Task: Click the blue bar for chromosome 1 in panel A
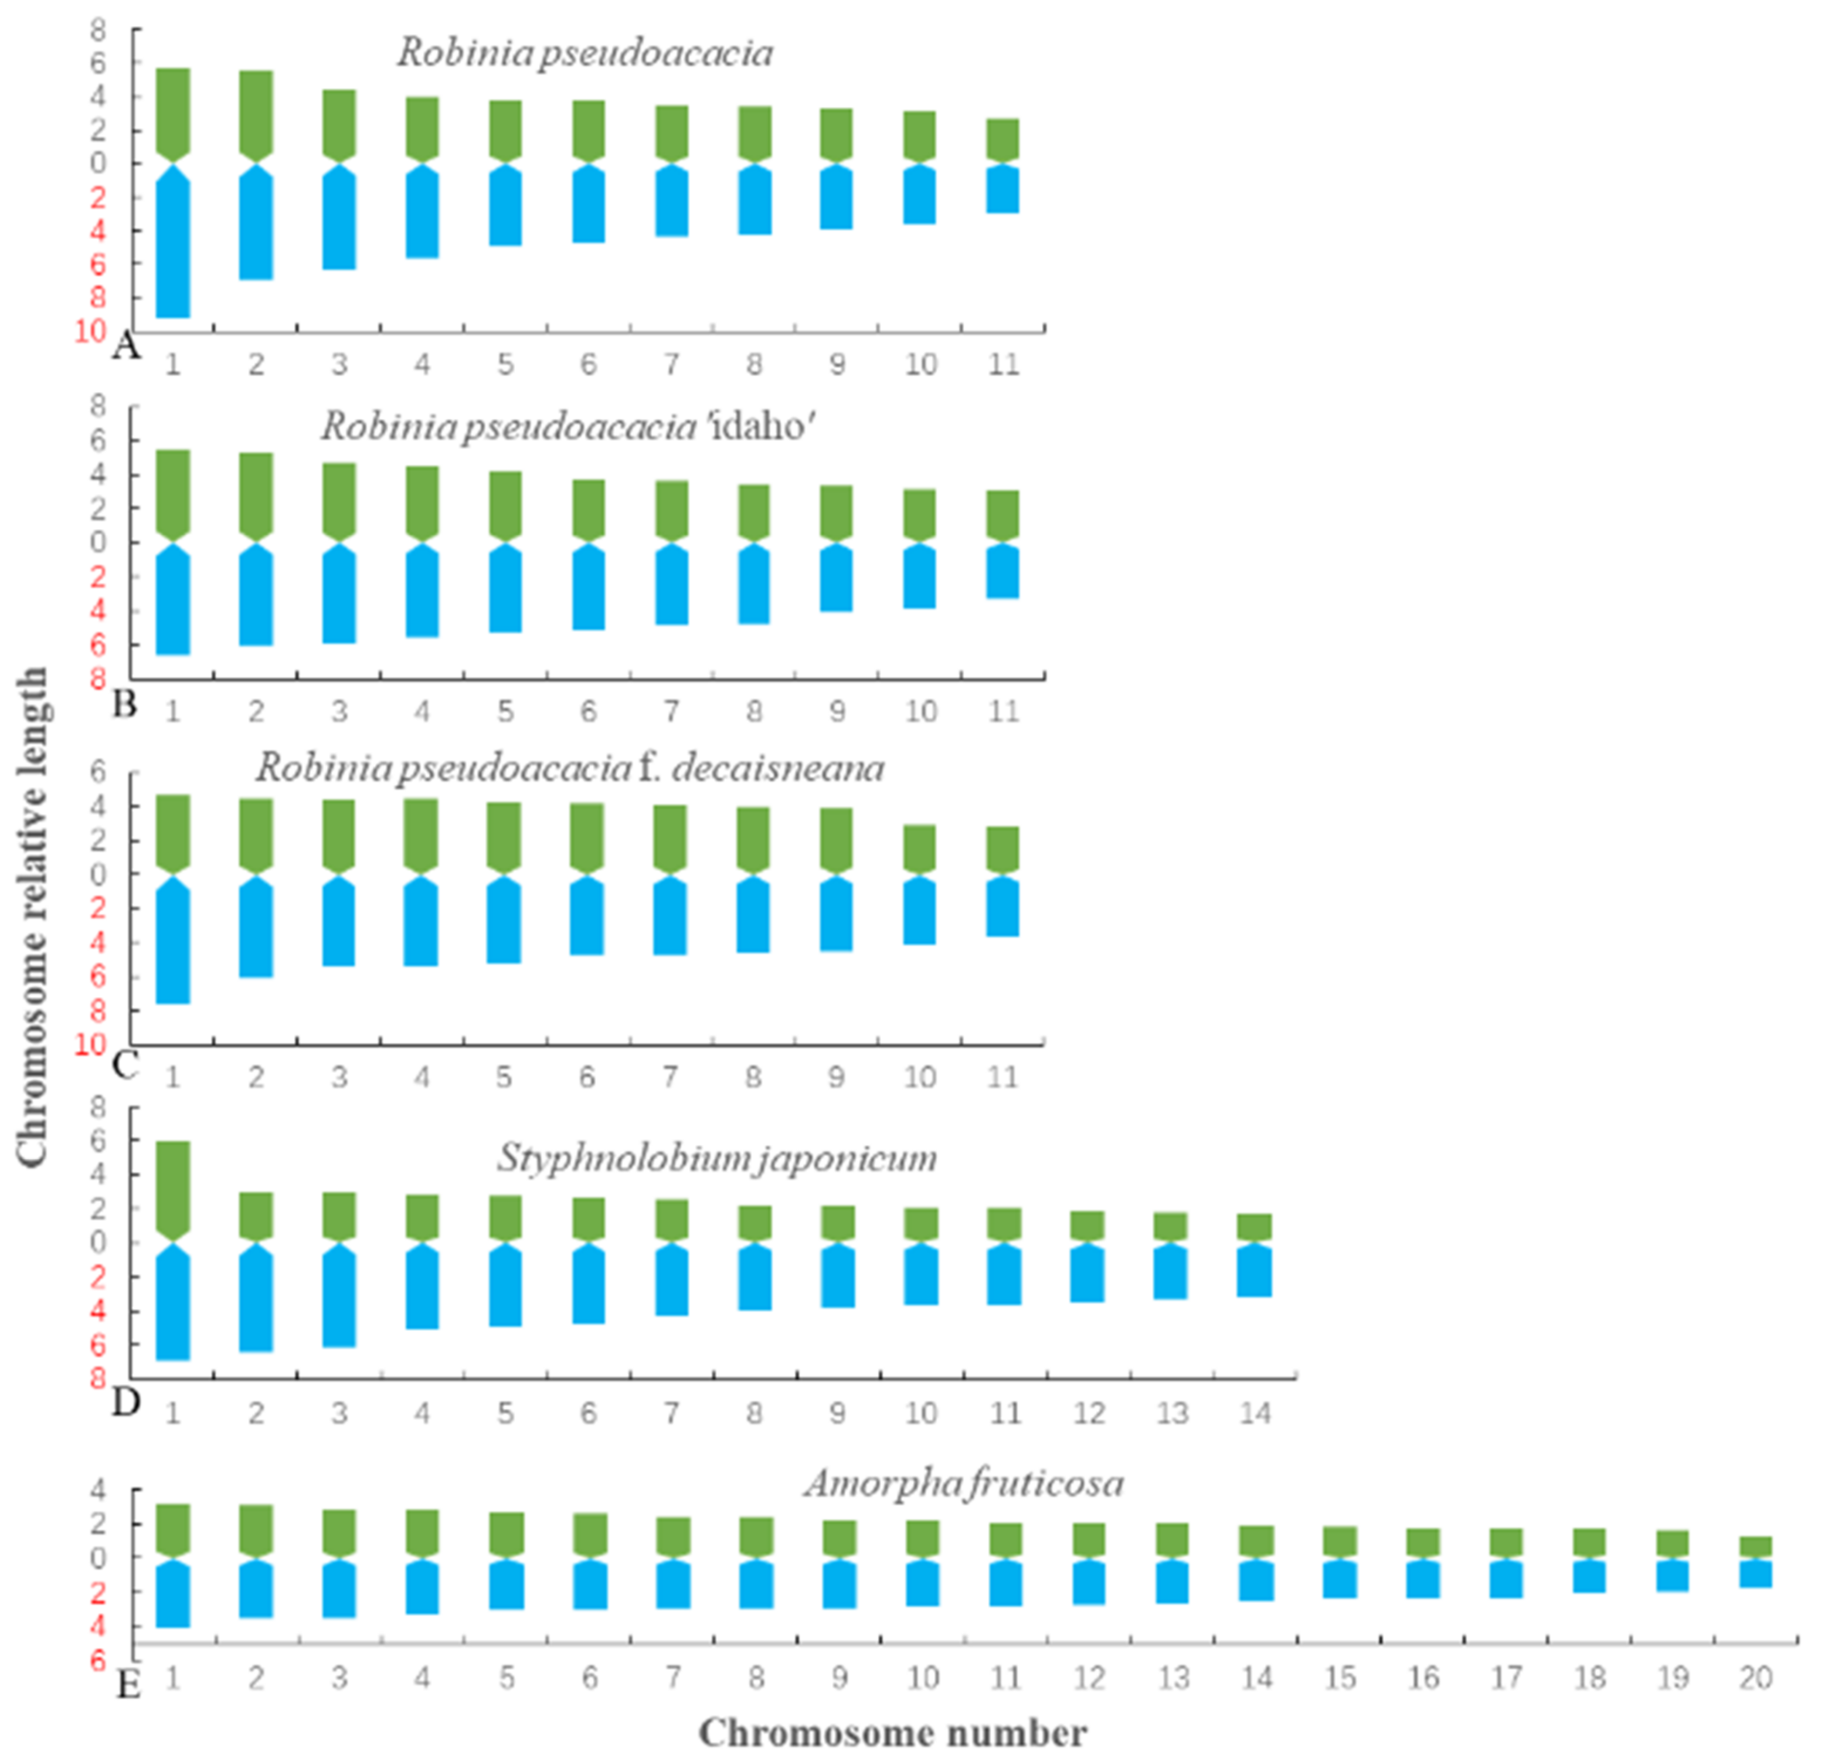click(173, 247)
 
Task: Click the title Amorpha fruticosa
click(964, 1484)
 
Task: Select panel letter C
click(125, 1063)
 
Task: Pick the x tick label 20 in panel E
click(1755, 1678)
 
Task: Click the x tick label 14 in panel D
click(1254, 1413)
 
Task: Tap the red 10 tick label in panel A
click(90, 331)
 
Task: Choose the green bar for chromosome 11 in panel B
click(1003, 514)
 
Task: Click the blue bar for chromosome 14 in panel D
click(1254, 1272)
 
